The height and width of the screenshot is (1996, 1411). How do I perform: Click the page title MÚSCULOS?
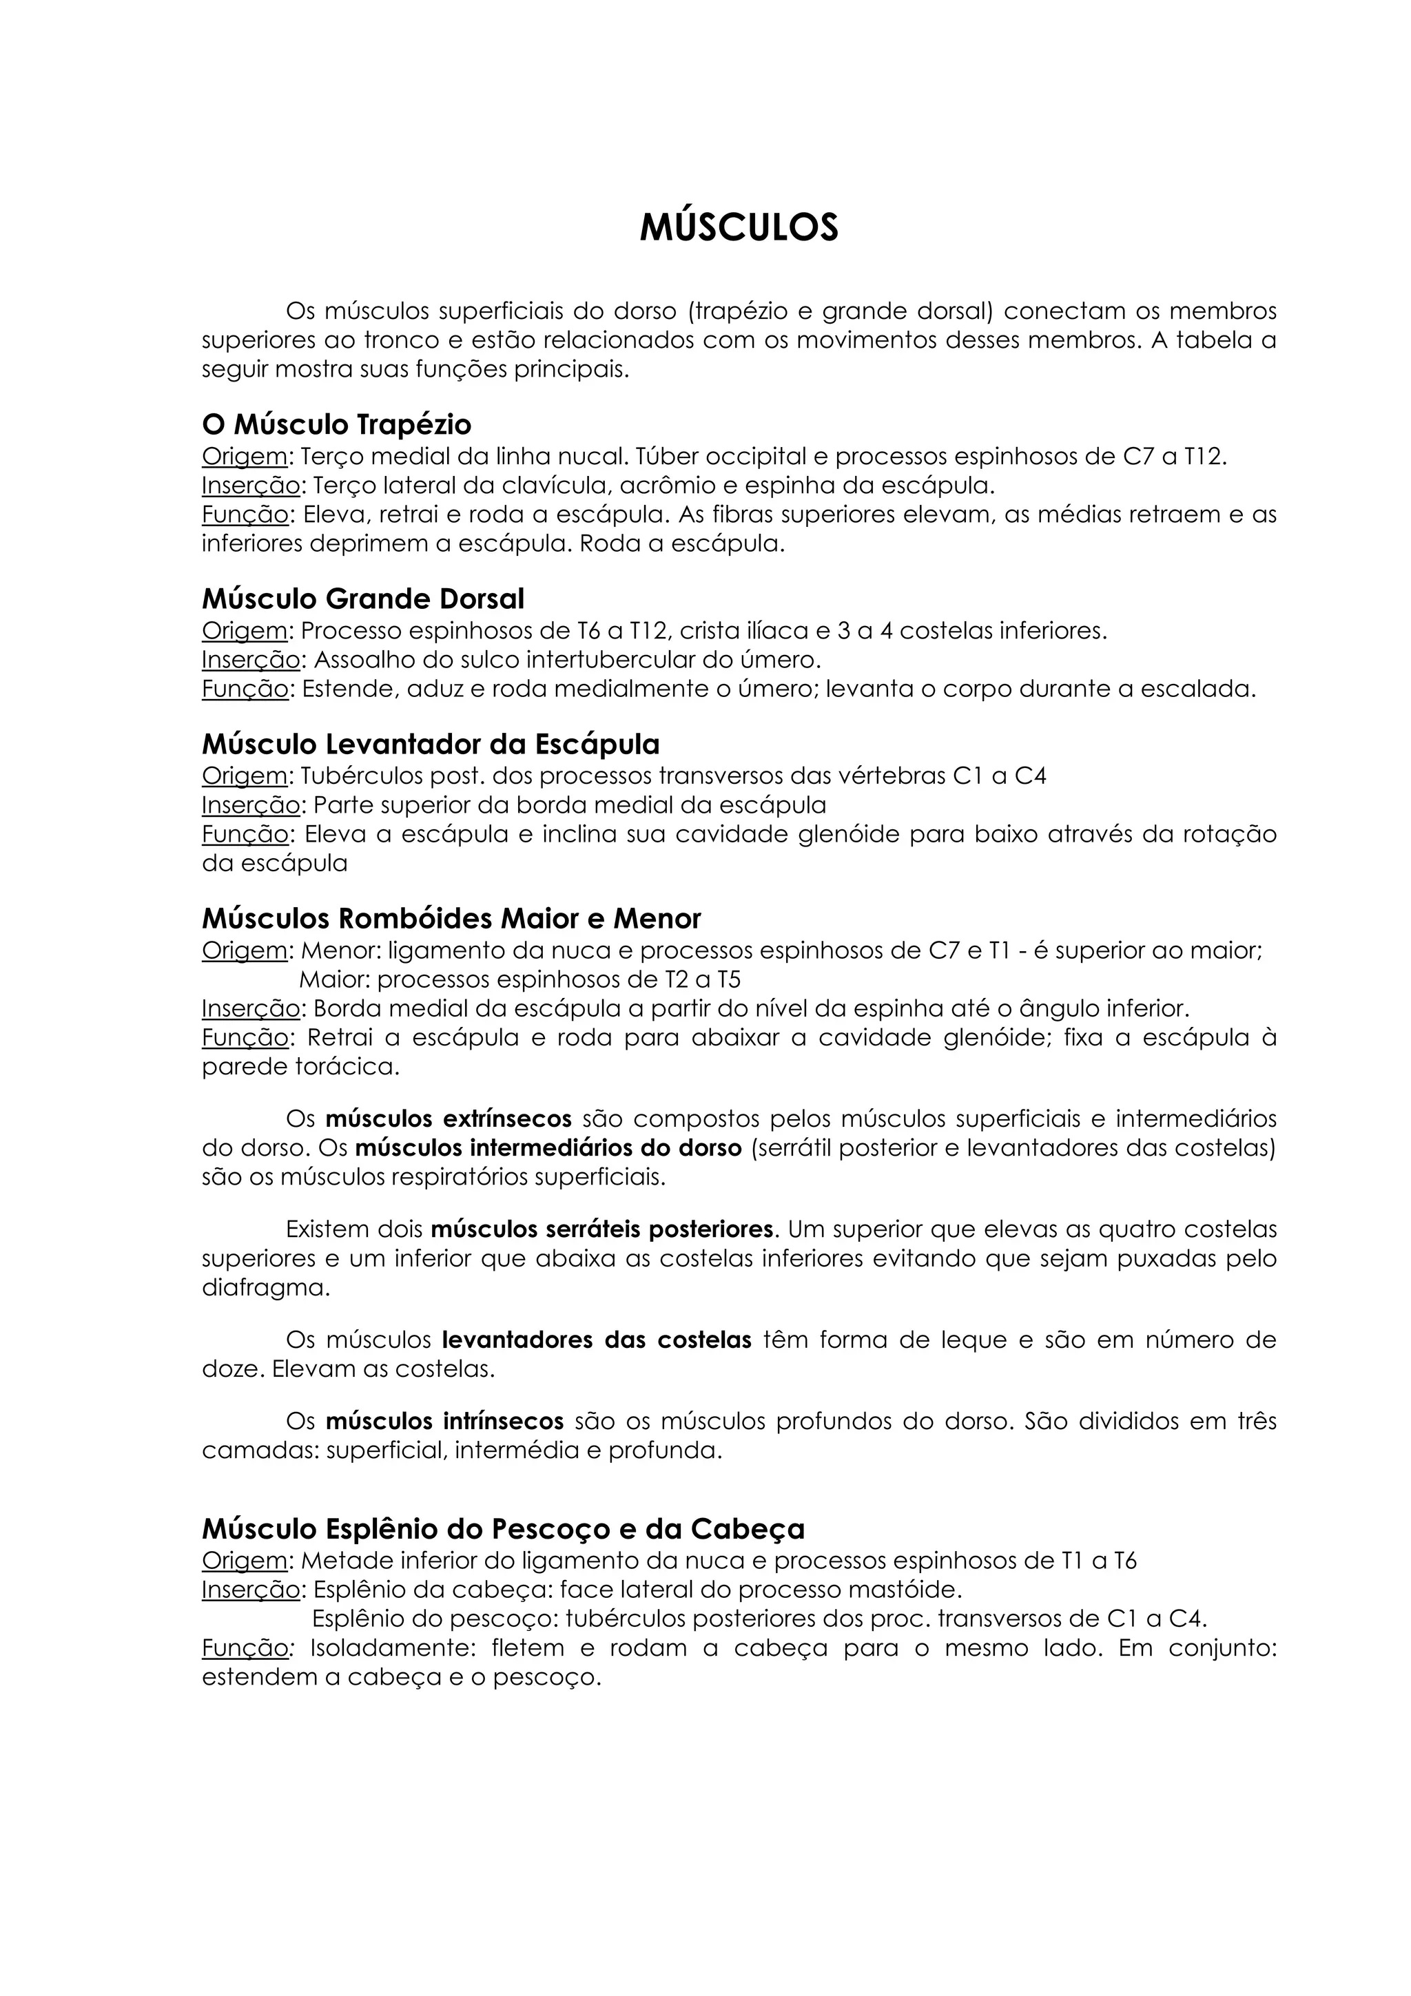(739, 228)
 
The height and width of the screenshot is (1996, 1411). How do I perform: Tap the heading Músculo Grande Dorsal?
(362, 599)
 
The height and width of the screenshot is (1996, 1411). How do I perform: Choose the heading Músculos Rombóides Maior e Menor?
(451, 919)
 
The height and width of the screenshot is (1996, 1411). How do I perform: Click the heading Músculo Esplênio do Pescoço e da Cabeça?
(504, 1528)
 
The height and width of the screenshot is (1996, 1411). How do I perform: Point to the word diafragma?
(265, 1287)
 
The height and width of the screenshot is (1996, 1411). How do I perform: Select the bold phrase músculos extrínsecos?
(449, 1118)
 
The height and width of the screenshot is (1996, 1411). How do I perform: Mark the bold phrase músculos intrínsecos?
(444, 1422)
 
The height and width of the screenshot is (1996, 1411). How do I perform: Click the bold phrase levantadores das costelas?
(597, 1340)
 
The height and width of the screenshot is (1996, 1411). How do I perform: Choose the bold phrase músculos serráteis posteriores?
(601, 1229)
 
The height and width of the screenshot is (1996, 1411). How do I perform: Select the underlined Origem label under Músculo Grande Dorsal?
(245, 630)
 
